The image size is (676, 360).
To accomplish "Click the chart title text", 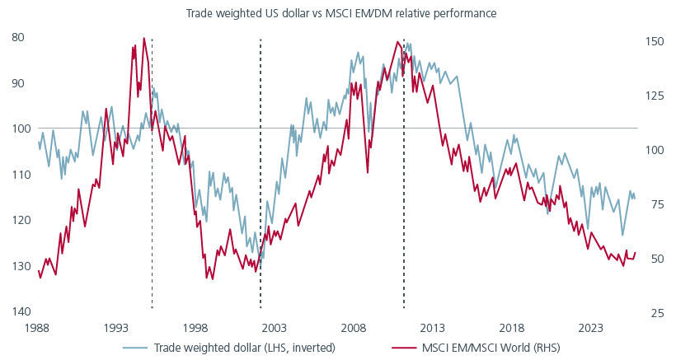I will point(338,12).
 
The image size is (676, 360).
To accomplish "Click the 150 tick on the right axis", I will point(651,40).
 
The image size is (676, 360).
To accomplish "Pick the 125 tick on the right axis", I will point(651,96).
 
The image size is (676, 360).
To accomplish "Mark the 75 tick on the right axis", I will point(653,204).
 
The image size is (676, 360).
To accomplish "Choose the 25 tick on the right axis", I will point(653,314).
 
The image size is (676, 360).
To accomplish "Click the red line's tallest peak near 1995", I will point(144,38).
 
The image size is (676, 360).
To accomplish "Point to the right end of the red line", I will point(635,252).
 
